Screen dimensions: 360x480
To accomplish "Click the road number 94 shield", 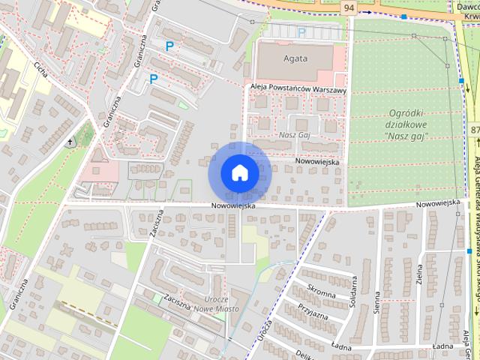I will click(x=348, y=7).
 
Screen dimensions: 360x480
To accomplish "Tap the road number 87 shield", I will click(x=475, y=130).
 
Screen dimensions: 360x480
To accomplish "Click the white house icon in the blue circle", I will click(x=239, y=173).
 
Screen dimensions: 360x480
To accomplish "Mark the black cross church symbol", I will click(x=70, y=142).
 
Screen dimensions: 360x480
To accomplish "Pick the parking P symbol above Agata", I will click(x=301, y=32).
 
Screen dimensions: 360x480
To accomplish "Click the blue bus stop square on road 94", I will click(x=404, y=16).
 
